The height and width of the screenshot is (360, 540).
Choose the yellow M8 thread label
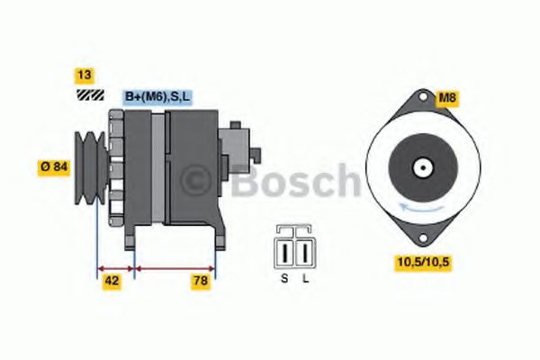tap(447, 97)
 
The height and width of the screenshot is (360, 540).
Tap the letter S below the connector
tap(283, 278)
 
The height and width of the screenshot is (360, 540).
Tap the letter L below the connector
tap(306, 278)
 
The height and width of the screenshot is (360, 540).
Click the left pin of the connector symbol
tap(286, 248)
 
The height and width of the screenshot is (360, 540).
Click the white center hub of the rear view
tap(419, 166)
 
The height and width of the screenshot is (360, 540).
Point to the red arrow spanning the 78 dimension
tap(174, 267)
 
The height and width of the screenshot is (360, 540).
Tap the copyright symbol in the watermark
tap(200, 183)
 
